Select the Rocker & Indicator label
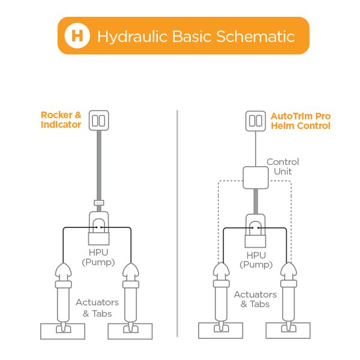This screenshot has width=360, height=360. click(x=61, y=119)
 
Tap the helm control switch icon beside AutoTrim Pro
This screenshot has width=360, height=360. click(x=256, y=120)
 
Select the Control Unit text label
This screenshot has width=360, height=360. click(x=282, y=167)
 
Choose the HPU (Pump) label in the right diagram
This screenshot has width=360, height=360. click(x=256, y=260)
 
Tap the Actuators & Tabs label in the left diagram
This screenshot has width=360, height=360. click(x=97, y=307)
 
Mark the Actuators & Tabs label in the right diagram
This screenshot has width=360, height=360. click(x=256, y=299)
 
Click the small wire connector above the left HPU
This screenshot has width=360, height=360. click(x=99, y=203)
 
